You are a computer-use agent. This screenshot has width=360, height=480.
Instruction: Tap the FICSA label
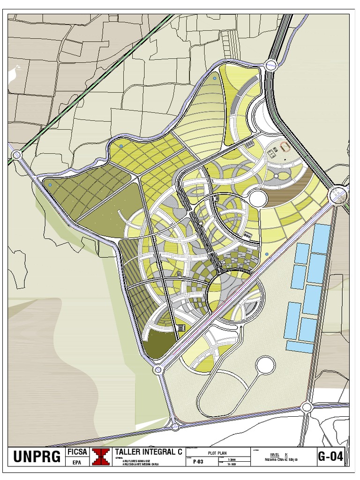click(76, 452)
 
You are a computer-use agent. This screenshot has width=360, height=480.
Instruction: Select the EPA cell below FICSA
click(76, 462)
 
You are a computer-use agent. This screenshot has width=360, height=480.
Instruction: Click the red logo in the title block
click(100, 457)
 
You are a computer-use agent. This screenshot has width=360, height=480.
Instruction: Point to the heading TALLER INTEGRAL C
click(149, 452)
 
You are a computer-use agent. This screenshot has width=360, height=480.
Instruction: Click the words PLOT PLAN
click(217, 453)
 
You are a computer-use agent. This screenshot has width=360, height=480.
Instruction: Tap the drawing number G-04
click(330, 457)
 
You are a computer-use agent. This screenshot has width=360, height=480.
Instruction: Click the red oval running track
click(285, 147)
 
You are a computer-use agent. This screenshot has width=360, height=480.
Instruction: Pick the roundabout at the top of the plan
click(271, 66)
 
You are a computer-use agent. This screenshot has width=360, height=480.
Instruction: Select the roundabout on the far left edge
click(17, 154)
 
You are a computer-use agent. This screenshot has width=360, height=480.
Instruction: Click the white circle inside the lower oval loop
click(265, 364)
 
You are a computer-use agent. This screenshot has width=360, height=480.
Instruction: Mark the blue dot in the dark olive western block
click(50, 185)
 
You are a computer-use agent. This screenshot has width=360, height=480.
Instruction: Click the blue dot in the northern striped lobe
click(215, 78)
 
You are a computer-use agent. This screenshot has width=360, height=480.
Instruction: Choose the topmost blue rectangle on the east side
click(322, 238)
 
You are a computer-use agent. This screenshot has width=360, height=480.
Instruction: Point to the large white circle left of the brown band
click(258, 198)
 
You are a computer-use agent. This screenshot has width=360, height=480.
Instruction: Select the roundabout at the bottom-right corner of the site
click(307, 407)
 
